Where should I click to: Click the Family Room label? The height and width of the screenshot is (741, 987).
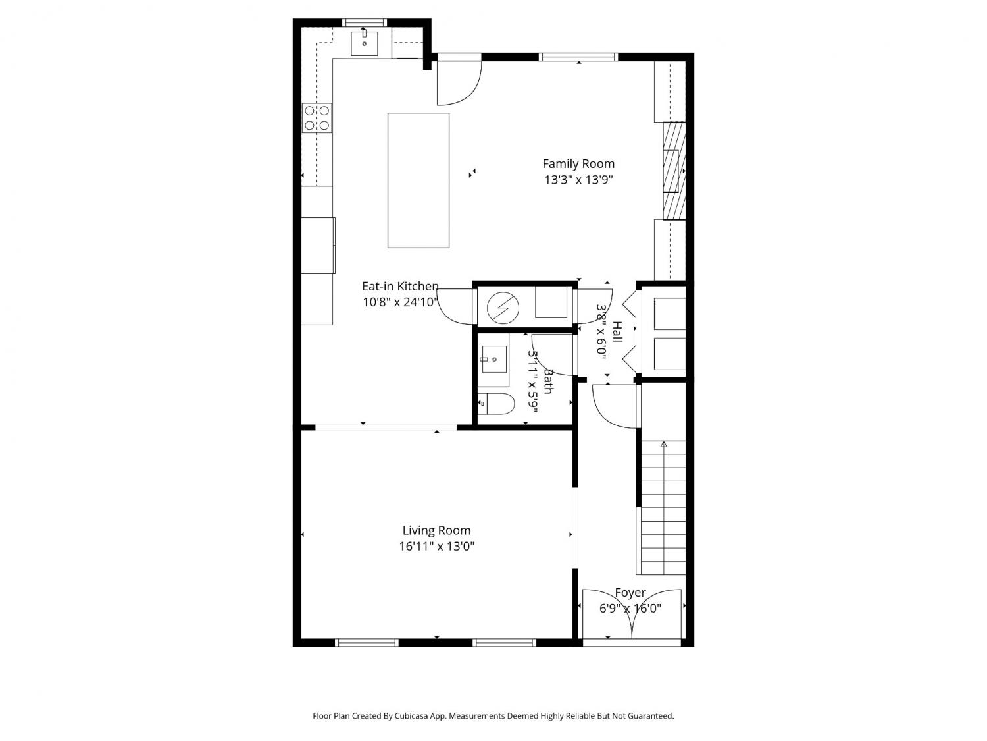pos(578,164)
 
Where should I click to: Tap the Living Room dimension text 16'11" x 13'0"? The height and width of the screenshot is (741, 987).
pos(437,546)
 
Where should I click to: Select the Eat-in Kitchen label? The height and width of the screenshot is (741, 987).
pos(400,286)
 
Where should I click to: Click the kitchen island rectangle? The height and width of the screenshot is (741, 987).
pos(418,180)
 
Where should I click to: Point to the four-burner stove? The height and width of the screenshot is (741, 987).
pos(317,118)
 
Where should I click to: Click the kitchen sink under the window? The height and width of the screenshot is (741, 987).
pos(365,43)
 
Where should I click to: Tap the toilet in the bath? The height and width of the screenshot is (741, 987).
pos(495,404)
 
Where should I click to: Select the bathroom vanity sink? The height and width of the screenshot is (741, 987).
pos(494,360)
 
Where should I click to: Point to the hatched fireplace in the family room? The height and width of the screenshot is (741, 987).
pos(674,171)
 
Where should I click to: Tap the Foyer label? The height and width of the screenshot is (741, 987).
pos(630,593)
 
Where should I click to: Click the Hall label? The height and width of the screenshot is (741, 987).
pos(617,332)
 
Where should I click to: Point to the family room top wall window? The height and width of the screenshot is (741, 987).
pos(578,57)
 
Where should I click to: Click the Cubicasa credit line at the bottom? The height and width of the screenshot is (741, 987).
pos(493,716)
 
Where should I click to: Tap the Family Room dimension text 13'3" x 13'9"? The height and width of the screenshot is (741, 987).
pos(578,180)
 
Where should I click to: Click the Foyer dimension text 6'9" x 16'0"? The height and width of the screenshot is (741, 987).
pos(630,609)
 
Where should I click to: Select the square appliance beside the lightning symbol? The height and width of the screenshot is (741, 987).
pos(551,302)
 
